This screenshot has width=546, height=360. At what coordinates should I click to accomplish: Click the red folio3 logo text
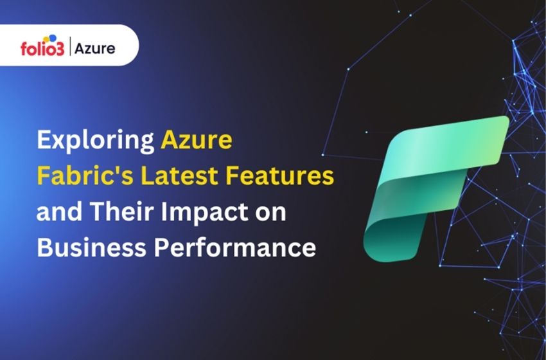pos(42,49)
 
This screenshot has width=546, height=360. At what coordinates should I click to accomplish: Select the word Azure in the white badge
pos(94,48)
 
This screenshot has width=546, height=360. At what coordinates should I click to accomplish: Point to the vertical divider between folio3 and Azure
pos(69,48)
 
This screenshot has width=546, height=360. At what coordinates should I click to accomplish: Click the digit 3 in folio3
pos(61,50)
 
